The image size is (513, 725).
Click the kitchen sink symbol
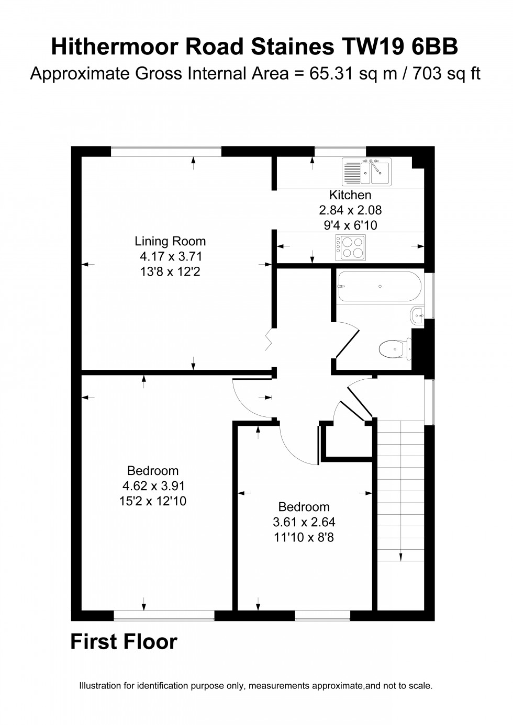coord(366,172)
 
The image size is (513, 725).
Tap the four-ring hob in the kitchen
coord(351,247)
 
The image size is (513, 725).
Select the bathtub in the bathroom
coord(380,286)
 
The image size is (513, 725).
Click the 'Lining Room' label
coord(170,241)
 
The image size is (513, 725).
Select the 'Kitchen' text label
coord(350,195)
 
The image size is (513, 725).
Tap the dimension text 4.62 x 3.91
coord(153,486)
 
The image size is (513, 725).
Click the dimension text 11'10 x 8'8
coord(304,537)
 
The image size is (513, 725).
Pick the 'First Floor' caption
coord(124,642)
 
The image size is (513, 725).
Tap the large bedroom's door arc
coord(251,400)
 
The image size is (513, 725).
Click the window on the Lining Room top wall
coord(166,151)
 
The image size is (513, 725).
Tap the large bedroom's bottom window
coord(164,616)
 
